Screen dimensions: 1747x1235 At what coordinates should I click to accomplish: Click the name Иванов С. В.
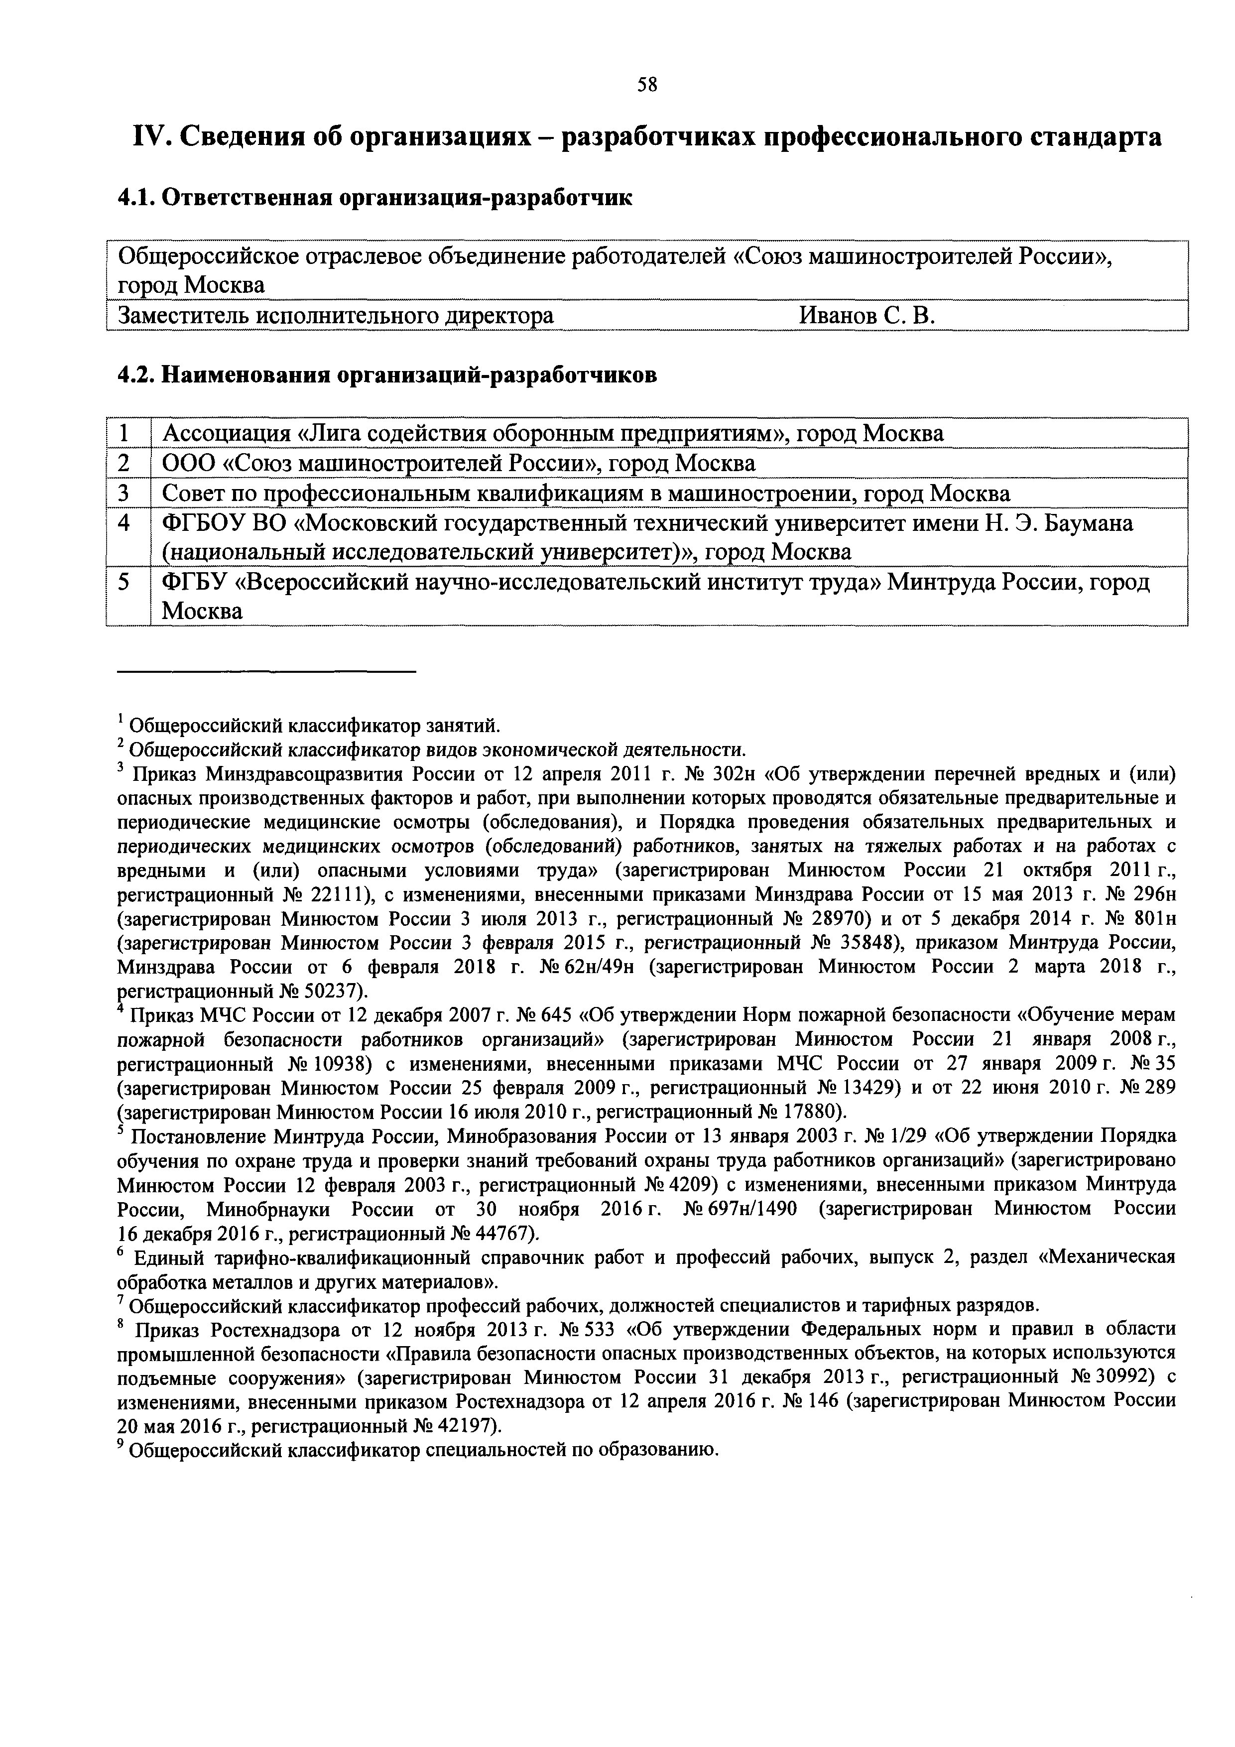click(866, 315)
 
